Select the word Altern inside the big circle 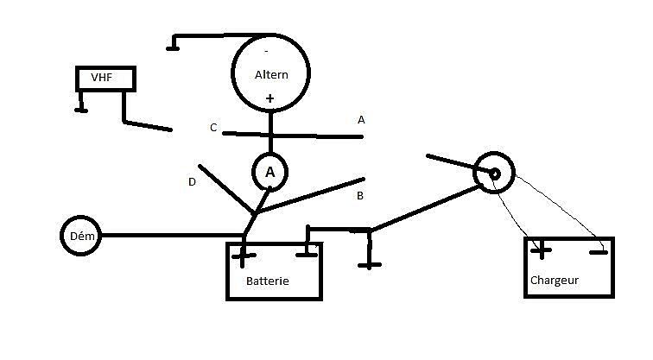click(271, 75)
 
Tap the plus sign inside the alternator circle click(269, 98)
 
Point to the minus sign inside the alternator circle click(267, 52)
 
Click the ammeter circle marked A click(269, 155)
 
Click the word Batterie click(268, 281)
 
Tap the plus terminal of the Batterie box click(244, 256)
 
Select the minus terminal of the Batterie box click(307, 255)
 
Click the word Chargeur click(555, 280)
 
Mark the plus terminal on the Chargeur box click(541, 250)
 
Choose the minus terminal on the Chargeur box click(599, 252)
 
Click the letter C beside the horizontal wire click(213, 128)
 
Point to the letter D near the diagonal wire click(192, 182)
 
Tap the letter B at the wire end click(360, 196)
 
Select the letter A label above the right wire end click(361, 120)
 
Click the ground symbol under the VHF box click(81, 110)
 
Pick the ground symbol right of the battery click(370, 265)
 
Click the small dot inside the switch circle click(494, 174)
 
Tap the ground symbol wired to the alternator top click(173, 48)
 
